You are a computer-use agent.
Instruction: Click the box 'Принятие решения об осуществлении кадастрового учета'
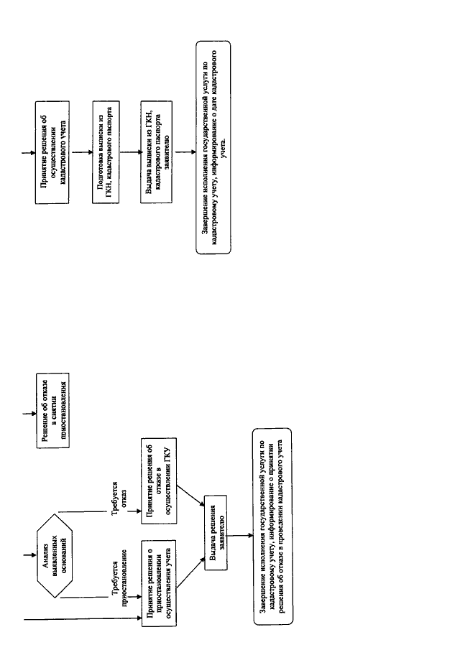coord(52,152)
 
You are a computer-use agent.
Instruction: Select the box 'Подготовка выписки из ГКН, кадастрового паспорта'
coord(106,152)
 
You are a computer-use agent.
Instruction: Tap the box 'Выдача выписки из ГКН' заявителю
coord(157,152)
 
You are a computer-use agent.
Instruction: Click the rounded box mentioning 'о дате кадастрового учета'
coord(213,147)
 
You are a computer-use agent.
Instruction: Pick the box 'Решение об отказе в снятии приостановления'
coord(52,410)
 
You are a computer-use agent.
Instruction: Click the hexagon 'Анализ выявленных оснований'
coord(55,555)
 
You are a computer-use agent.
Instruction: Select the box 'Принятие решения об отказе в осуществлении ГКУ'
coord(159,481)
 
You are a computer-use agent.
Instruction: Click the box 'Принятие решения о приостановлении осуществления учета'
coord(159,582)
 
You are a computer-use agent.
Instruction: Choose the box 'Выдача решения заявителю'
coord(216,533)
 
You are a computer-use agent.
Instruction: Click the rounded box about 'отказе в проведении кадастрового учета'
coord(272,526)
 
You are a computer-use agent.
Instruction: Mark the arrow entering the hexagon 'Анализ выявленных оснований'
coord(29,555)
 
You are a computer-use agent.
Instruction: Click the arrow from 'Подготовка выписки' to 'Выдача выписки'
coord(130,152)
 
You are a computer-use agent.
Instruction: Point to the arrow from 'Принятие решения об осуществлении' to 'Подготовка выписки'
coord(81,152)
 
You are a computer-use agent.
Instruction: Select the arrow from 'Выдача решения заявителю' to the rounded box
coord(240,535)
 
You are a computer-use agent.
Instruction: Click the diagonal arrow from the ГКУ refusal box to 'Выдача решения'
coord(190,496)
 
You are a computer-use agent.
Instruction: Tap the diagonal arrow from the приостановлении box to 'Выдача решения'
coord(190,572)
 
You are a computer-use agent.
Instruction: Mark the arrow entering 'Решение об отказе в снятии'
coord(29,413)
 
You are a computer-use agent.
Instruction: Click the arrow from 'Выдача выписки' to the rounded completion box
coord(185,152)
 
